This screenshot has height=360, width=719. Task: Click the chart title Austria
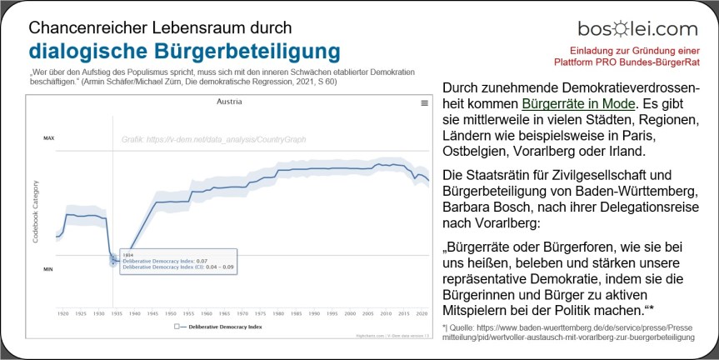point(229,102)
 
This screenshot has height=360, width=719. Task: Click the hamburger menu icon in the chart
point(424,102)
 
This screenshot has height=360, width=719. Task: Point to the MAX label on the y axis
point(48,137)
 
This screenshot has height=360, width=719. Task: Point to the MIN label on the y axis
point(48,269)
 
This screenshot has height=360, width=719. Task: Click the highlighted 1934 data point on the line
point(113,260)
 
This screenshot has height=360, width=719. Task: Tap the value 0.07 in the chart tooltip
point(202,261)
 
